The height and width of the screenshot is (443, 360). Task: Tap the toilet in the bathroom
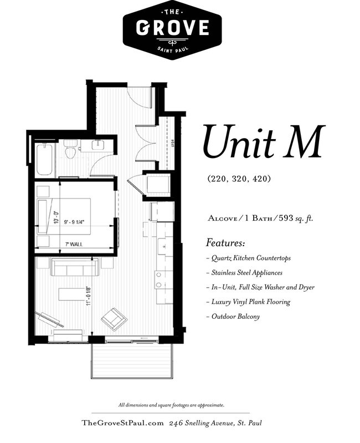[70, 150]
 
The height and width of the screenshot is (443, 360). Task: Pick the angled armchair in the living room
[114, 319]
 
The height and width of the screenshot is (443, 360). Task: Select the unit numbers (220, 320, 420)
[239, 179]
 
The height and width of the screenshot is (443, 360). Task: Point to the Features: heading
[226, 243]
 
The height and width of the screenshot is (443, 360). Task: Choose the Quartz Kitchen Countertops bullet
[248, 258]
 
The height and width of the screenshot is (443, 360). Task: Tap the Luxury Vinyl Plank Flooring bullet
[247, 302]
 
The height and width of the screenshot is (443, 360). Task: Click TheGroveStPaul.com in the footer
[122, 423]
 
